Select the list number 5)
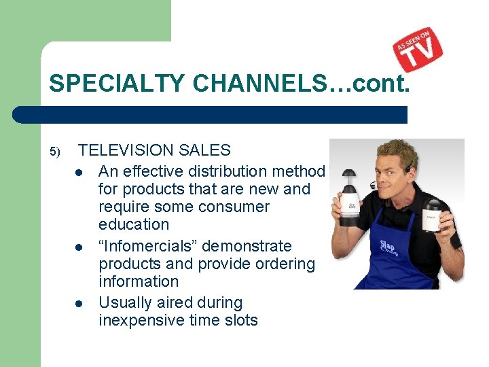click(55, 151)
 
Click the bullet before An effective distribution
click(79, 171)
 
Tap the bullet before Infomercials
click(79, 246)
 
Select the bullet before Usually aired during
click(79, 303)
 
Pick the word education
click(134, 224)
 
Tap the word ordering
click(285, 264)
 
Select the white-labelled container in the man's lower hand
click(433, 216)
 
